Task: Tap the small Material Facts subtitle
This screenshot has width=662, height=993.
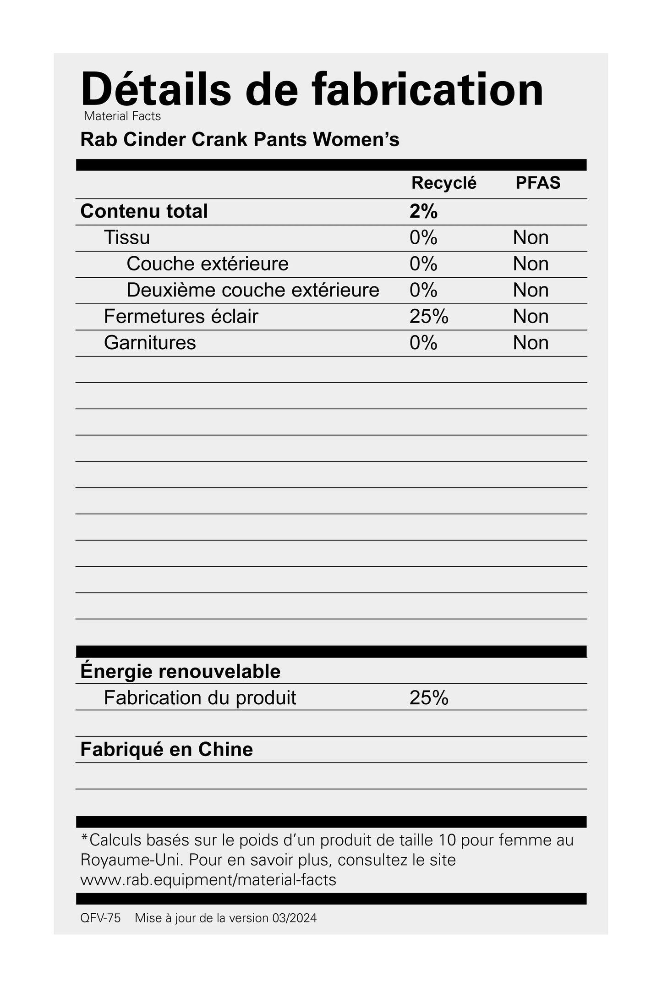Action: pos(122,116)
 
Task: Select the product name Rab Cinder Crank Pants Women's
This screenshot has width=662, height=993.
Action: pos(240,139)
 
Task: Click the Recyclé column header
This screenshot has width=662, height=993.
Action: pos(443,183)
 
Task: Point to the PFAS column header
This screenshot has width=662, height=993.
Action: pos(538,183)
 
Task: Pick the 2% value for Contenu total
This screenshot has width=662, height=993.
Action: pos(423,211)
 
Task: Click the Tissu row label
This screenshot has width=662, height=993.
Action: pos(127,237)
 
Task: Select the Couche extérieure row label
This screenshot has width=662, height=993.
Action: pos(208,264)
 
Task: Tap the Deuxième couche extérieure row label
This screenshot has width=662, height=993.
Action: pos(253,290)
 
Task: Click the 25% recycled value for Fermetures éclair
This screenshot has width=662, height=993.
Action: pos(429,317)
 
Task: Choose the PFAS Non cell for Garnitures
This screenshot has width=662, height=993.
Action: pos(531,343)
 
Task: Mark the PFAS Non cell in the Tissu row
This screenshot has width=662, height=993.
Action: pos(531,237)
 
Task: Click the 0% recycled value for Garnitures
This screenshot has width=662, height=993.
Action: pos(423,343)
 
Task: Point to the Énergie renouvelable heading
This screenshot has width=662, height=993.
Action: pos(180,671)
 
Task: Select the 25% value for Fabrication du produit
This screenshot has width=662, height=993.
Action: pos(429,698)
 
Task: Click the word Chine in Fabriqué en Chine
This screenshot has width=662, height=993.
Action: pos(225,750)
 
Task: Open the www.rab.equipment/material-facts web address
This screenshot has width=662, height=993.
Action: pos(208,880)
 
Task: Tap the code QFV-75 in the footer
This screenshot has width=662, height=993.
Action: pos(100,918)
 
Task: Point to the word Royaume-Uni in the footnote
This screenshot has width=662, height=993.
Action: pos(131,860)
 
